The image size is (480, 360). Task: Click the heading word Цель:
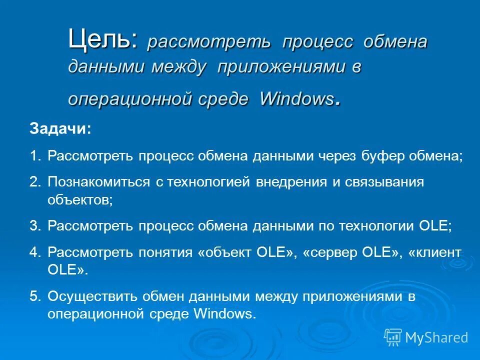coord(102,39)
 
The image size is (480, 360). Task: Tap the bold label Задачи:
coord(60,129)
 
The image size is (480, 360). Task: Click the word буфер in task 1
coord(384,156)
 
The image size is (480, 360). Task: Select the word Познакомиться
coord(98,182)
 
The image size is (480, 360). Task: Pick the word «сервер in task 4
coord(329,252)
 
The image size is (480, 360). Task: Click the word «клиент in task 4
coord(434,252)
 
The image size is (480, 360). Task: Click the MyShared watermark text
coord(436,337)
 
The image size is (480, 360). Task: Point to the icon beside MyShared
coord(393,337)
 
